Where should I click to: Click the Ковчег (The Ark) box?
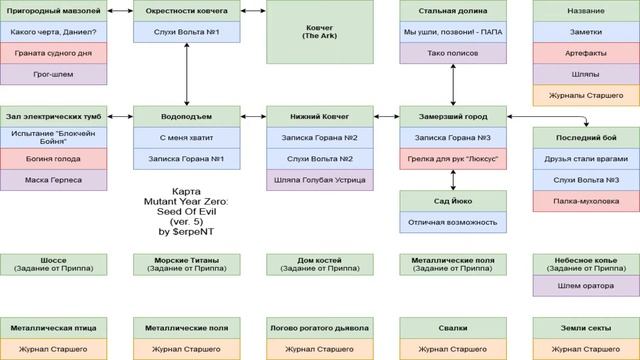click(x=320, y=32)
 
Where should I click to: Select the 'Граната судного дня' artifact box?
click(x=53, y=53)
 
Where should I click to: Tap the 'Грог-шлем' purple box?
click(x=53, y=74)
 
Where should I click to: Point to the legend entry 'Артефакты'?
click(x=586, y=53)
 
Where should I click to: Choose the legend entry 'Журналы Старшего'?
click(x=586, y=96)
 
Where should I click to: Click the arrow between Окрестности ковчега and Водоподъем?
click(x=187, y=74)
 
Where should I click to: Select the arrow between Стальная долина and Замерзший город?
click(x=453, y=85)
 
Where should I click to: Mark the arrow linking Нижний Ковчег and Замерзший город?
click(x=387, y=117)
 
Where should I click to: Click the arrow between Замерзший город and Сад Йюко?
click(x=453, y=180)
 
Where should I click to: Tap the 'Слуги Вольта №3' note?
click(x=586, y=180)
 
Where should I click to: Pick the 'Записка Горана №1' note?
click(x=187, y=159)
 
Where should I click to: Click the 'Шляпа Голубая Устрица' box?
click(x=320, y=180)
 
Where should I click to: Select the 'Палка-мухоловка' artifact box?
click(x=586, y=201)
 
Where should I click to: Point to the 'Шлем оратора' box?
click(x=586, y=286)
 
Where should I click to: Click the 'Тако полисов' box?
click(x=453, y=53)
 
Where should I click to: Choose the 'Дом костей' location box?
click(x=320, y=264)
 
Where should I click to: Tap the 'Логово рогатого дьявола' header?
click(x=320, y=328)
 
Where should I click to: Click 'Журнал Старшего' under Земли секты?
click(x=586, y=349)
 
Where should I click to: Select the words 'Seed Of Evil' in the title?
click(x=187, y=211)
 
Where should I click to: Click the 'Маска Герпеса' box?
click(x=53, y=180)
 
